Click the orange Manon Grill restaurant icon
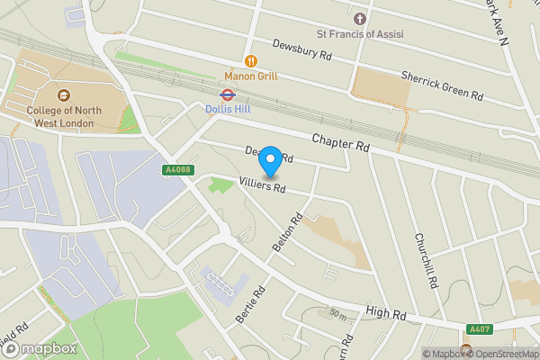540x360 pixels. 250,60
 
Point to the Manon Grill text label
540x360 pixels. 251,76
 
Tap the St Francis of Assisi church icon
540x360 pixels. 360,19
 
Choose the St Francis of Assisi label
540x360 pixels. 360,34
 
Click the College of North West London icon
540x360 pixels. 62,94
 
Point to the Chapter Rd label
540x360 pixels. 341,141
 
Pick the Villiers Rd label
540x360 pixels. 262,186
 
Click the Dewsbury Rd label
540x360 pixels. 301,49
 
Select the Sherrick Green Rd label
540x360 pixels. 441,86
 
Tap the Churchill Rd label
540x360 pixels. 425,260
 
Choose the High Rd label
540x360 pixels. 386,313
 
